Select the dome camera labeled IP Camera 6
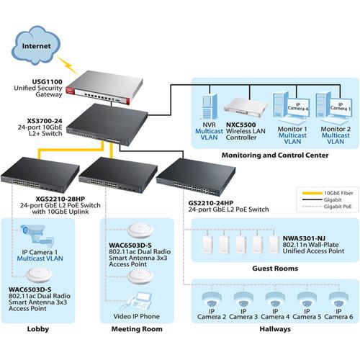pyautogui.click(x=339, y=300)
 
